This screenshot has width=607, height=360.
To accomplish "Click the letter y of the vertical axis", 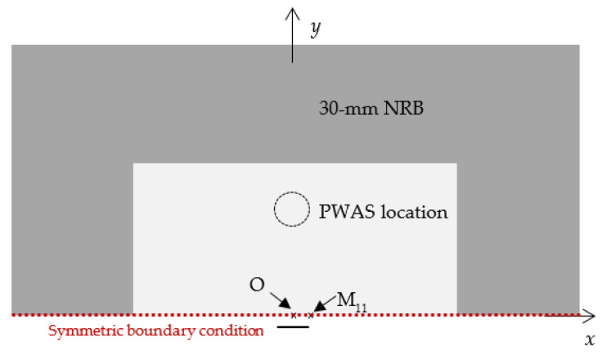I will tap(316, 30).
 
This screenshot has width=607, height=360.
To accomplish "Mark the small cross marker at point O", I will tap(294, 314).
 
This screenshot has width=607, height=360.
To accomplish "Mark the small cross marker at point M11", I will tap(310, 314).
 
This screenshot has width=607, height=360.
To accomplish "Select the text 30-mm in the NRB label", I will tap(342, 107).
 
